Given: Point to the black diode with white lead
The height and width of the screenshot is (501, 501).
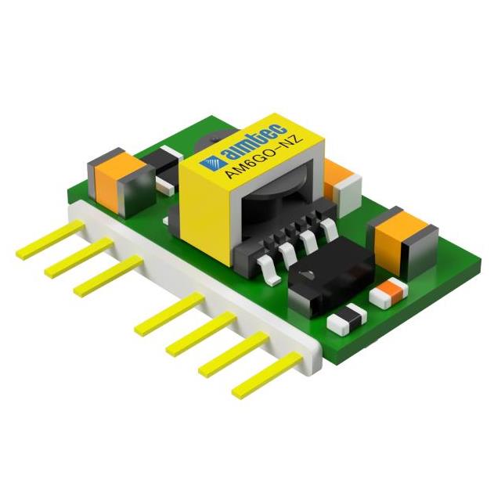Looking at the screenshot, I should (160, 171).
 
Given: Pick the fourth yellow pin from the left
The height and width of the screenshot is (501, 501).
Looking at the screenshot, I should (168, 313).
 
